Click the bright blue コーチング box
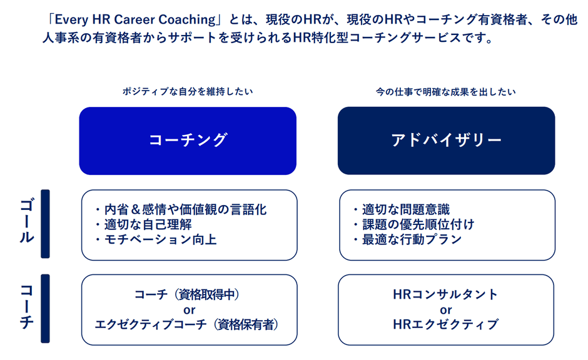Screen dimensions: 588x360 (x=188, y=141)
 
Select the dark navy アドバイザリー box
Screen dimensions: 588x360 (x=446, y=141)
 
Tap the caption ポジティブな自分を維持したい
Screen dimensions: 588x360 (x=188, y=91)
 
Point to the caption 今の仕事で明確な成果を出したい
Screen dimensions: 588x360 (x=446, y=92)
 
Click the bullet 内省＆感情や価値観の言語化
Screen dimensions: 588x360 (x=181, y=209)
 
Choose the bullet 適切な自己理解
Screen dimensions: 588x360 (x=143, y=224)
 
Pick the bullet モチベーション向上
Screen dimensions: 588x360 (x=156, y=239)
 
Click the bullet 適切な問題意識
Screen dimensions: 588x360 (x=401, y=209)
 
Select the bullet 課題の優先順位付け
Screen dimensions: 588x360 (x=414, y=224)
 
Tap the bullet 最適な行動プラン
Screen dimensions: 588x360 (x=407, y=239)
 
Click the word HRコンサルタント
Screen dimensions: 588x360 (x=445, y=294)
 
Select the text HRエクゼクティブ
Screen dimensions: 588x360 (x=446, y=324)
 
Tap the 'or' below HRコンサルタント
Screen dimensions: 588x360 (x=446, y=310)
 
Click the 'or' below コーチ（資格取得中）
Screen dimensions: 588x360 (x=190, y=310)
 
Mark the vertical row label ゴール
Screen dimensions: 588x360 (x=27, y=221)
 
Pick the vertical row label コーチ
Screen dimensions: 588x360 (x=27, y=306)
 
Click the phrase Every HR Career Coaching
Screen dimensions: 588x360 (x=135, y=19)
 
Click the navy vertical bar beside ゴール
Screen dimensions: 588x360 (x=46, y=224)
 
